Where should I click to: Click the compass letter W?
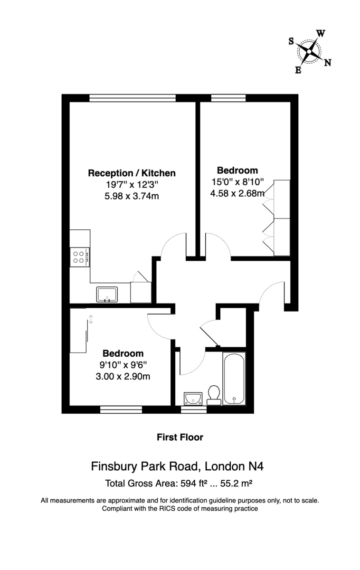[321, 33]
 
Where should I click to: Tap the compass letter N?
[328, 63]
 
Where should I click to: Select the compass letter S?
[291, 41]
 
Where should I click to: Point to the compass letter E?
[298, 70]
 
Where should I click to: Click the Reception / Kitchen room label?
[132, 173]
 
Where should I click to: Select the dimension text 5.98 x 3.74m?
[132, 196]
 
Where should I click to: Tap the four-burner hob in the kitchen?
[80, 257]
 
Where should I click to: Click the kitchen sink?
[107, 294]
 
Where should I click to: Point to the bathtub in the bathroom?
[234, 379]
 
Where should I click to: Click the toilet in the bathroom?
[214, 395]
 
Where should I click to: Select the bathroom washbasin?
[193, 399]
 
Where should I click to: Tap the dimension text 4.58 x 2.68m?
[237, 193]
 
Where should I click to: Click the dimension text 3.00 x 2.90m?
[123, 376]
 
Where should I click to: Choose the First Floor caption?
[180, 437]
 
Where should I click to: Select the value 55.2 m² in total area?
[236, 483]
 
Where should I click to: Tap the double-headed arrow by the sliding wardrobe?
[91, 319]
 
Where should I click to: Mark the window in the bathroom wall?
[194, 409]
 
